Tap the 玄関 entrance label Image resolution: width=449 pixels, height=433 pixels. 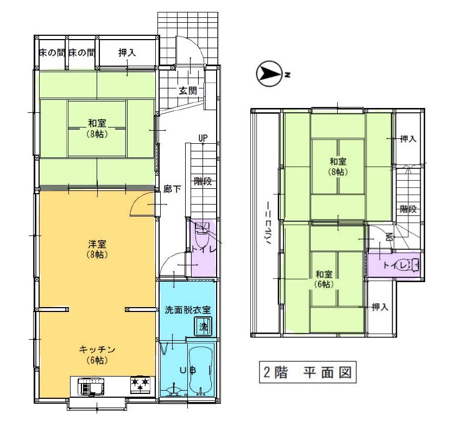tap(188, 91)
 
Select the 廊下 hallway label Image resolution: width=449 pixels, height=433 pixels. tap(172, 189)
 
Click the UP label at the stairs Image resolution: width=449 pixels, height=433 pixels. tap(203, 138)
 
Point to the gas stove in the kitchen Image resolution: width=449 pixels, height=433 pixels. tap(140, 384)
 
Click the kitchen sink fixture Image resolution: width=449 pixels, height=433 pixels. tap(91, 386)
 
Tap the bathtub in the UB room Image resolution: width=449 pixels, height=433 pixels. tap(201, 371)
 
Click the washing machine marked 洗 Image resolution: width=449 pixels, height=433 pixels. tap(203, 326)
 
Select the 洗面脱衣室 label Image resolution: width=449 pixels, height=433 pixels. tap(187, 310)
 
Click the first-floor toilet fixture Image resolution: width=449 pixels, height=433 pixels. tap(202, 233)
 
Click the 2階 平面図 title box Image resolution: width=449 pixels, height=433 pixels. tap(307, 372)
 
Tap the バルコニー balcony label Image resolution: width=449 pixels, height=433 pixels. tap(268, 223)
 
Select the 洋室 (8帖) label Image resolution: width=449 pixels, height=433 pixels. tap(97, 249)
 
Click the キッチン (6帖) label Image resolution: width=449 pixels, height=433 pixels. tap(97, 354)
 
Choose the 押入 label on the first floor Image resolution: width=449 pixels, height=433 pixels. tap(127, 53)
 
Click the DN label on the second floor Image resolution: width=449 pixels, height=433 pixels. tap(389, 237)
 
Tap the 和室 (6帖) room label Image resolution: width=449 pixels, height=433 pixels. tap(324, 279)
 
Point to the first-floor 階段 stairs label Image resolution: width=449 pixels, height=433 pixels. tap(203, 181)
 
